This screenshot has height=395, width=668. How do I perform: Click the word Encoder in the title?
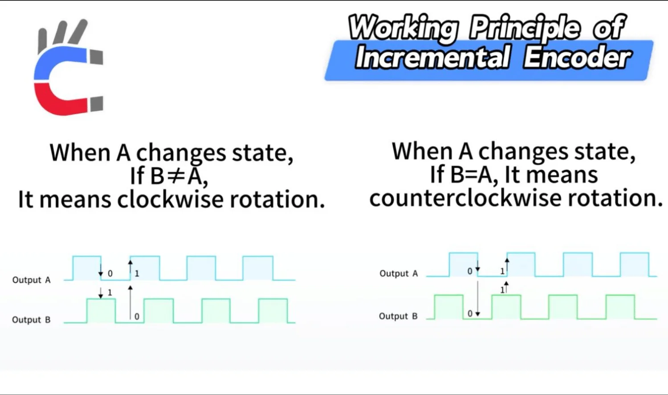(577, 58)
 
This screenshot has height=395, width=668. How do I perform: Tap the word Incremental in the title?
(432, 58)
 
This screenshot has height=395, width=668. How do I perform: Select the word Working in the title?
(403, 28)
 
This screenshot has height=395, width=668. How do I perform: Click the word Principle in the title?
(525, 28)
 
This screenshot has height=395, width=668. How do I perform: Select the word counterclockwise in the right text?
(465, 198)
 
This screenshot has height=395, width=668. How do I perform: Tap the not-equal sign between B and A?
(176, 176)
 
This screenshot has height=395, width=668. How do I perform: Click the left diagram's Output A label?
(31, 280)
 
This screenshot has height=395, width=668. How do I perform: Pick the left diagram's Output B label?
(31, 320)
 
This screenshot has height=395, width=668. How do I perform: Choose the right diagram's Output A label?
(399, 273)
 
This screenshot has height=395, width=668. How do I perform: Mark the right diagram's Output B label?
(398, 316)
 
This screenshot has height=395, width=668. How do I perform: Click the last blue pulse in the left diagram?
(258, 268)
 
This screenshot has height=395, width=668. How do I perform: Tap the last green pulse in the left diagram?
(273, 311)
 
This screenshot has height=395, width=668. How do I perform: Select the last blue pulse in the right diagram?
(634, 265)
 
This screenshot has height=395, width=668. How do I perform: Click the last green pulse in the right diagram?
(620, 307)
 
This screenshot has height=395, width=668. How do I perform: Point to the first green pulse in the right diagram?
(448, 307)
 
